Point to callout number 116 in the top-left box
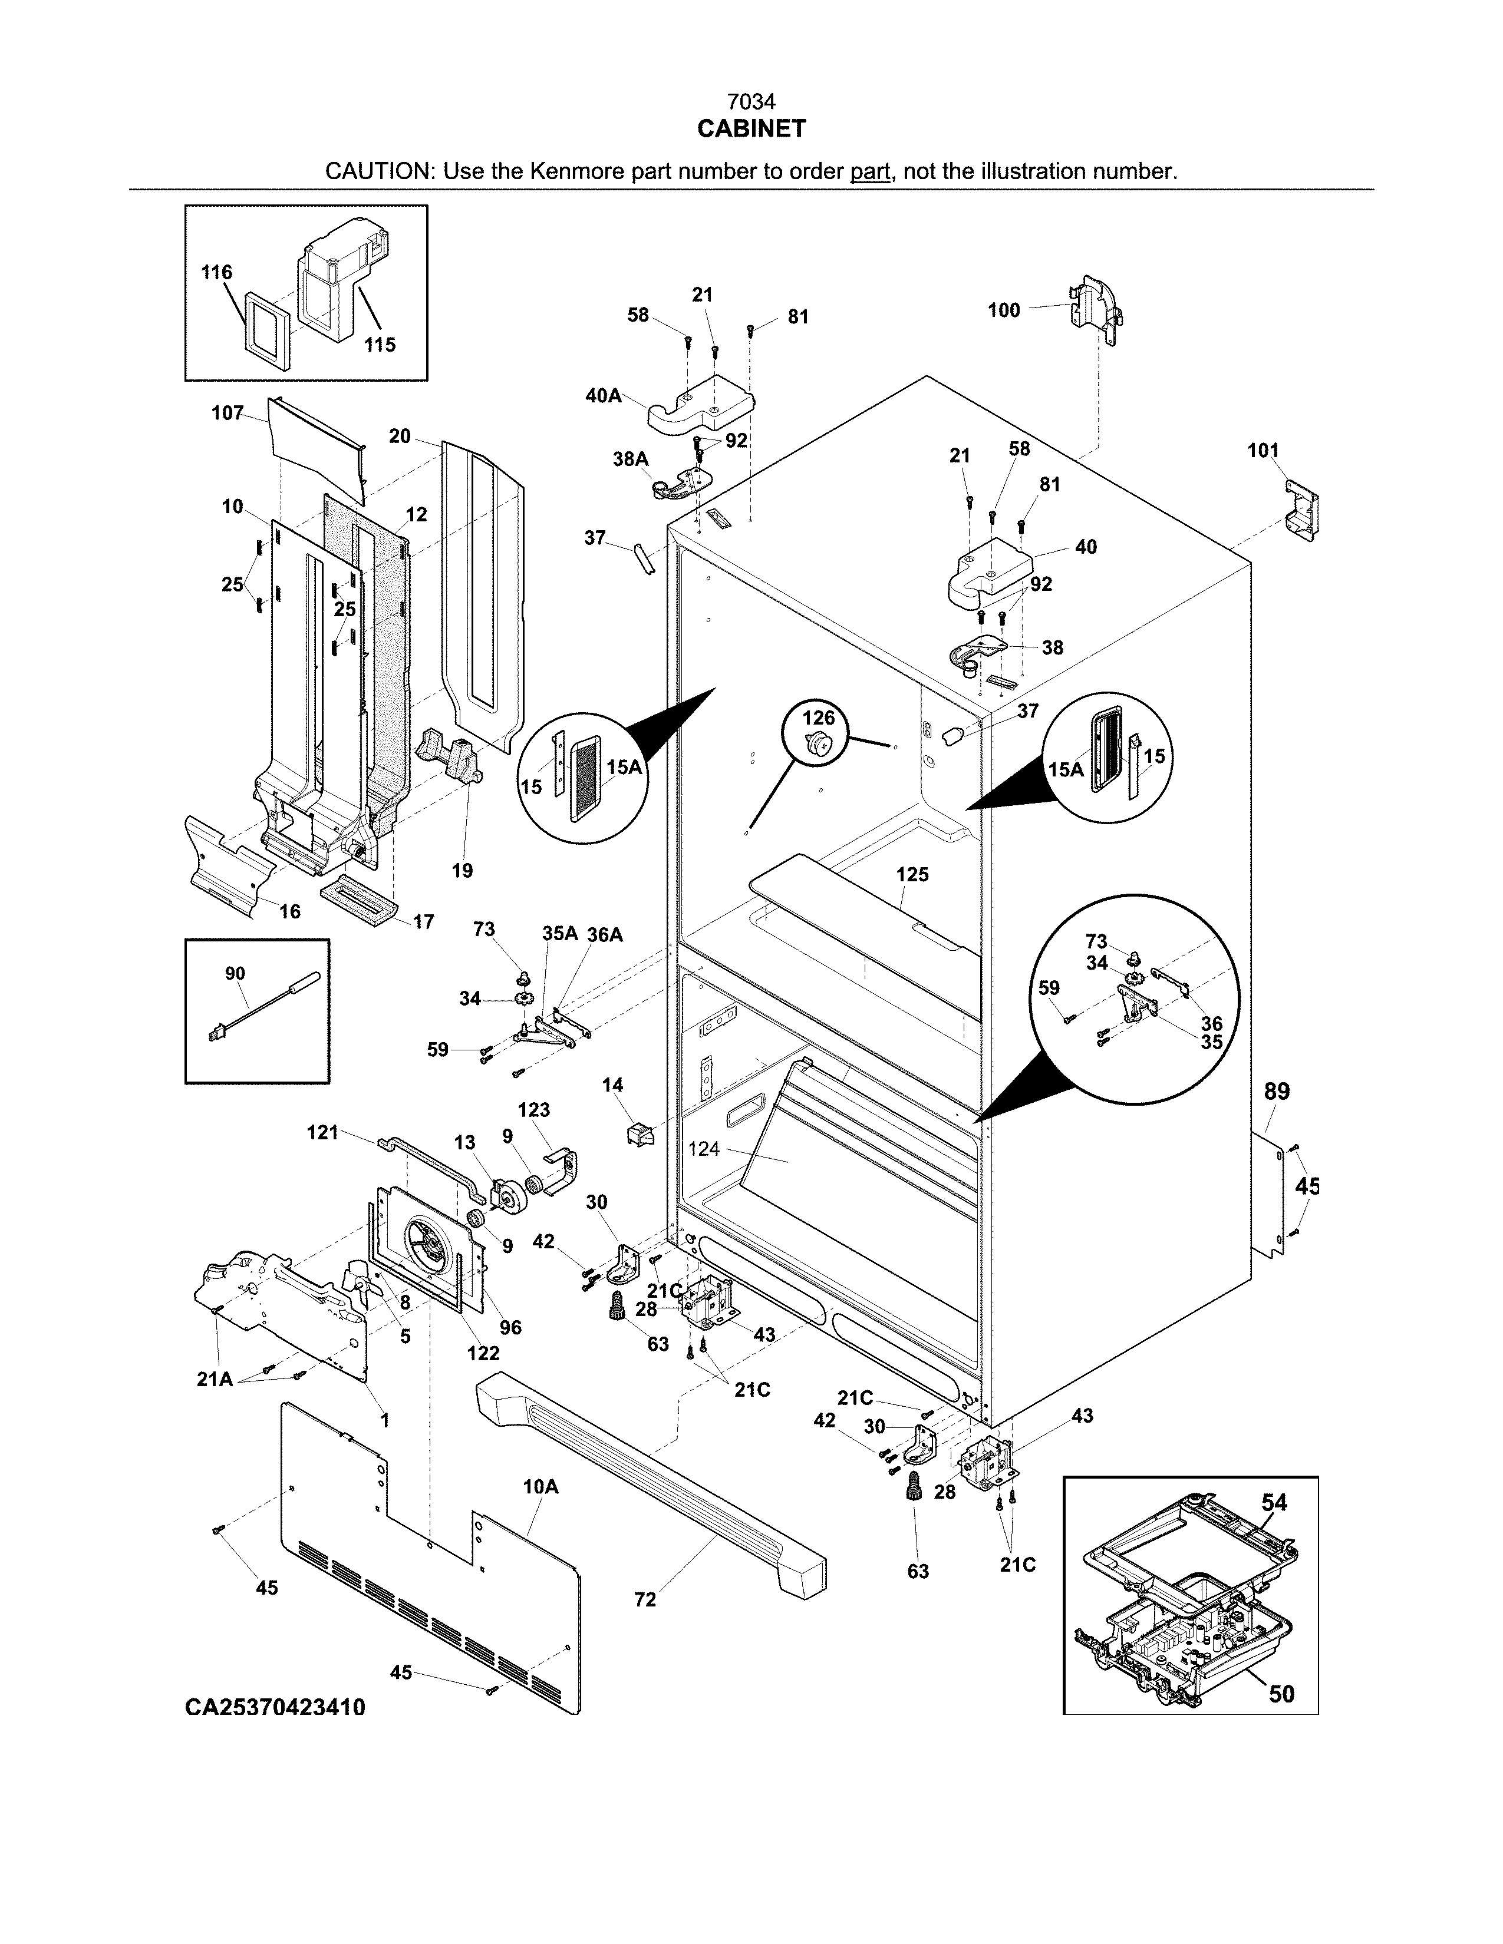coord(216,272)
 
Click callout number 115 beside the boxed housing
coord(380,345)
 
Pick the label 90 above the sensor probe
coord(235,974)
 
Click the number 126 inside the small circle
coord(818,718)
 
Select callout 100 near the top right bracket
coord(1004,310)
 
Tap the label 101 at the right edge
coord(1263,451)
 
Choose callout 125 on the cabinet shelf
coord(912,875)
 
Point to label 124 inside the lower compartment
coord(703,1149)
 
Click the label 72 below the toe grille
coord(645,1599)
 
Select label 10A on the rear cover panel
coord(540,1486)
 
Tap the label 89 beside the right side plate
coord(1277,1091)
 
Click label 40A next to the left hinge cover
coord(603,395)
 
